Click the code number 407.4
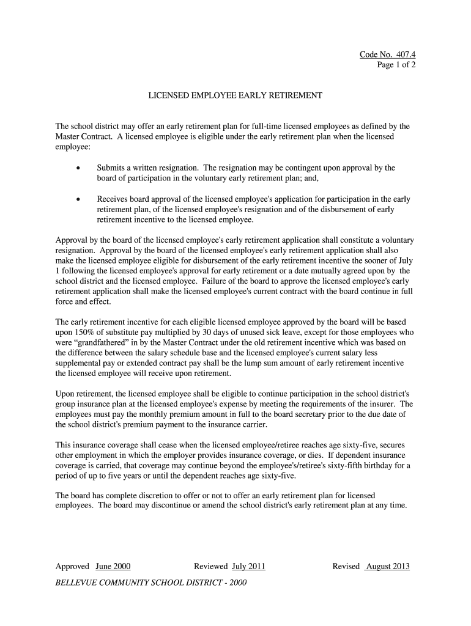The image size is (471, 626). point(404,55)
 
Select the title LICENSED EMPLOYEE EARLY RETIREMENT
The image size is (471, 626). point(236,97)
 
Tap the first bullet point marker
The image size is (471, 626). point(78,168)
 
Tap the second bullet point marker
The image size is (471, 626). point(78,200)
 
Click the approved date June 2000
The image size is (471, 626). point(113,566)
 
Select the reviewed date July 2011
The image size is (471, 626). point(248,566)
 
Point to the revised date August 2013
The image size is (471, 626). point(387,566)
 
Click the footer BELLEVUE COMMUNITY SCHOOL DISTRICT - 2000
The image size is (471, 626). point(151,583)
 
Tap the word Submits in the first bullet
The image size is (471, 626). point(111,168)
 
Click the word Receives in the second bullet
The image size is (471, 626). point(113,200)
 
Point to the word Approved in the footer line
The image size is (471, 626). point(73,566)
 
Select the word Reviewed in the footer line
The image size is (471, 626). point(211,566)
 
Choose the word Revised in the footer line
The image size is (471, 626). point(346,566)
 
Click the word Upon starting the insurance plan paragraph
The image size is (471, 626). point(65,394)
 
